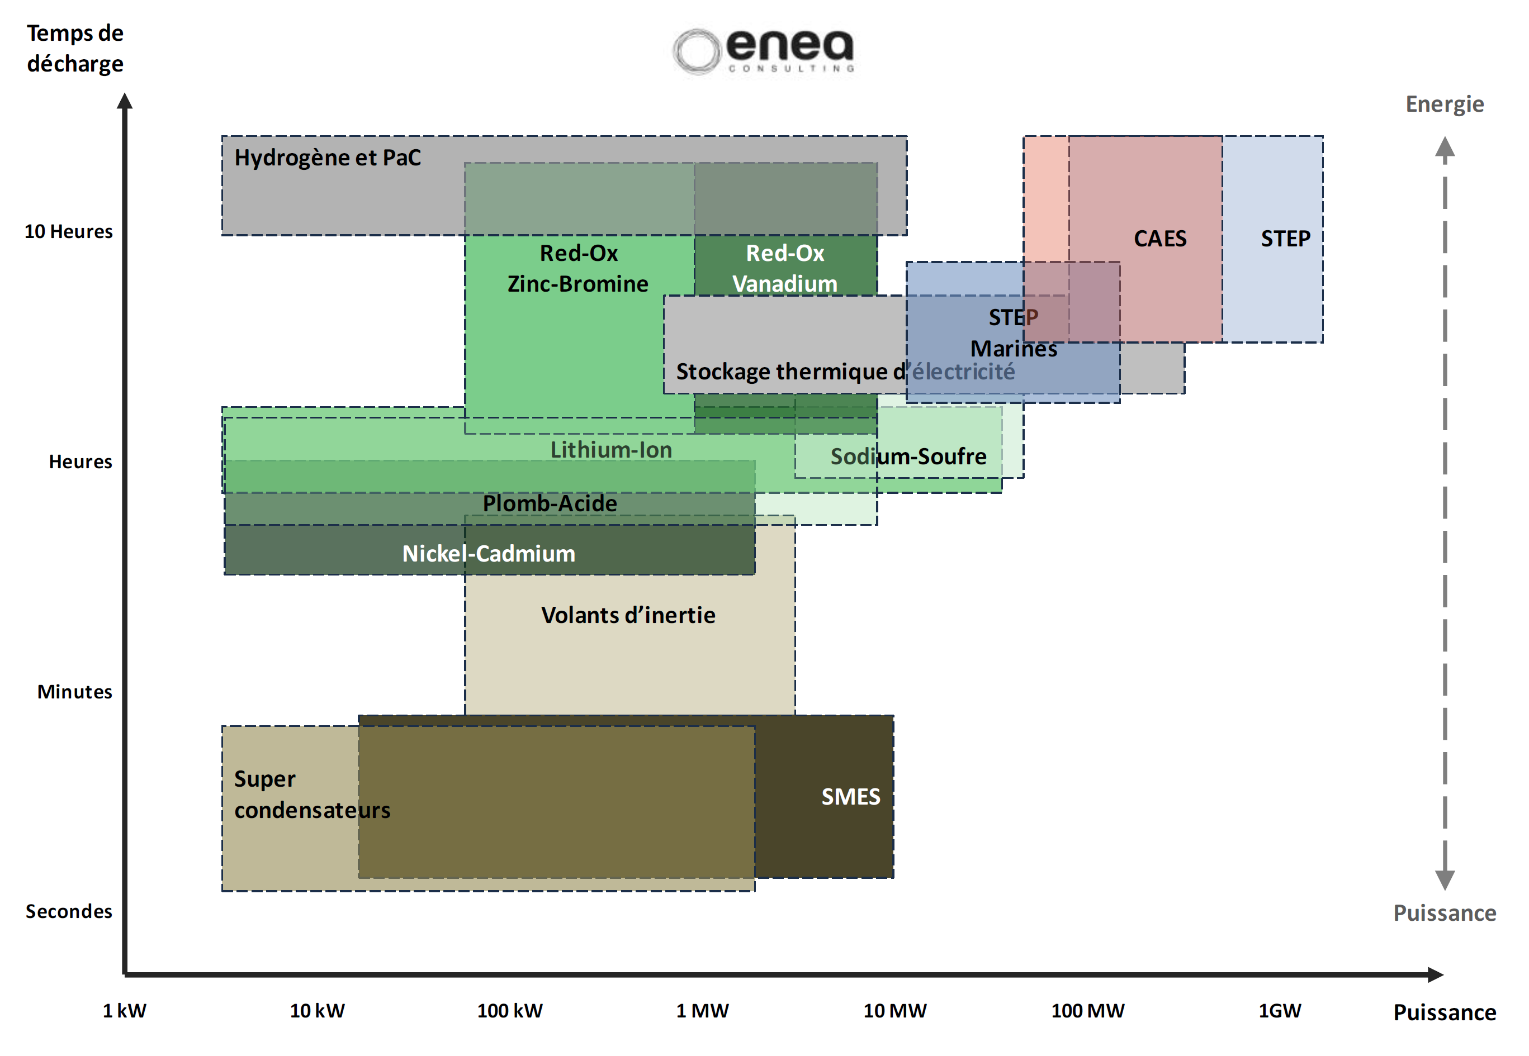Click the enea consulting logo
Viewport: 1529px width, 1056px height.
763,50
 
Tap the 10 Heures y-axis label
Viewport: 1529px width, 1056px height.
69,231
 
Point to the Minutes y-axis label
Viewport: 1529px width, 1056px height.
75,692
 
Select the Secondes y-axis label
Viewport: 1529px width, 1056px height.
69,912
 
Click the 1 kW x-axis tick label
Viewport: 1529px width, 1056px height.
125,1011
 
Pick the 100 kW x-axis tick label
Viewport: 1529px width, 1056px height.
510,1011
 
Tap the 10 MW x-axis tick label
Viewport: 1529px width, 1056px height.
895,1011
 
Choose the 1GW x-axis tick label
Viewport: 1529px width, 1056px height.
1280,1011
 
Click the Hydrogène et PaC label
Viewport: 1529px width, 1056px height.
328,158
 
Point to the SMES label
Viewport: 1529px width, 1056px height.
850,797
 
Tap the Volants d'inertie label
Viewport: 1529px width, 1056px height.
628,615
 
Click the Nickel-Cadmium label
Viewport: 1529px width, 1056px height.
489,554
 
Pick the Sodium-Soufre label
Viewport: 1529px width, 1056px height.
908,456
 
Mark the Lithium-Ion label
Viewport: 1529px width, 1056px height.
611,450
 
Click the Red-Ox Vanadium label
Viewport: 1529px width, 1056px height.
785,269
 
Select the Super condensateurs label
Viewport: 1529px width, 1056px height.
312,795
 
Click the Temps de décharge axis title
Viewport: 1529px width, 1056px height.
75,48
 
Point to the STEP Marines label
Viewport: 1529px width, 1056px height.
1014,333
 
